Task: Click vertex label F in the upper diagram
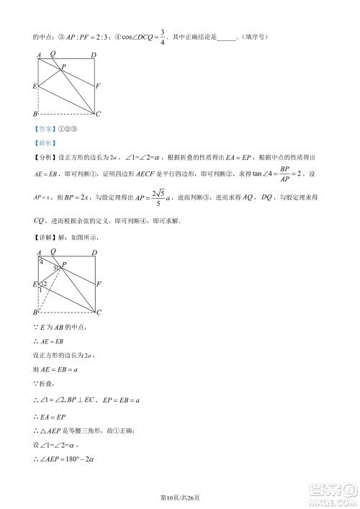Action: point(99,85)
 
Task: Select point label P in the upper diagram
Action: point(63,67)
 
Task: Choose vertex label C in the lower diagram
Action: point(99,312)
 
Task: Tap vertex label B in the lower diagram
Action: point(34,312)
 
